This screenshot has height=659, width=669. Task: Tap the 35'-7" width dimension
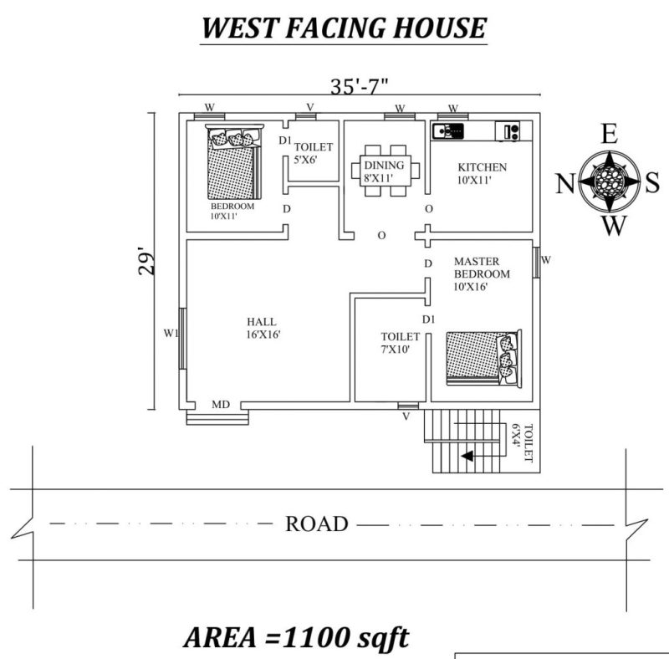pyautogui.click(x=360, y=87)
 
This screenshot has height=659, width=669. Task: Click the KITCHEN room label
pyautogui.click(x=482, y=166)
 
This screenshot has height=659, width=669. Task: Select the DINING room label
pyautogui.click(x=384, y=166)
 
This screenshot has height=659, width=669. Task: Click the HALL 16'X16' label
pyautogui.click(x=263, y=328)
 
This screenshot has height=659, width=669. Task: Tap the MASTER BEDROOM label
pyautogui.click(x=481, y=273)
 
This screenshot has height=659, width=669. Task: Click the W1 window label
pyautogui.click(x=171, y=334)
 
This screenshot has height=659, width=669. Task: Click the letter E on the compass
pyautogui.click(x=610, y=134)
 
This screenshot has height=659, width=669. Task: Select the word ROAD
pyautogui.click(x=316, y=524)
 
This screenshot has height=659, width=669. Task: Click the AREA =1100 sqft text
pyautogui.click(x=297, y=638)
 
